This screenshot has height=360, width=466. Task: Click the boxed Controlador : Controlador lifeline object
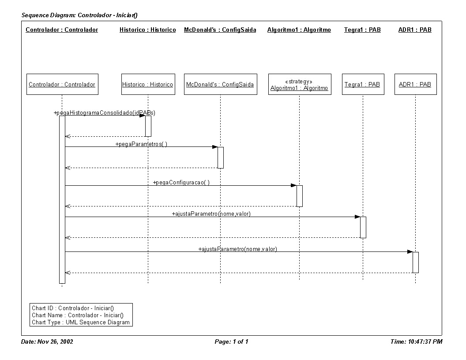[x=62, y=84]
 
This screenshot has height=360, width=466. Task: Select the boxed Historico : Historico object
[x=148, y=84]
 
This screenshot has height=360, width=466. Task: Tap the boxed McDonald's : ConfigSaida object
[x=221, y=84]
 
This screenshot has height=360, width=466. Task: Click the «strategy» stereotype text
[x=299, y=81]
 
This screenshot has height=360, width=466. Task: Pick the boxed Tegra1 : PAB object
[x=363, y=84]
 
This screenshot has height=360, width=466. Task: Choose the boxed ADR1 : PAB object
[x=416, y=84]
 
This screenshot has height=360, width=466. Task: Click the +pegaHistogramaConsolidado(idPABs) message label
[x=104, y=112]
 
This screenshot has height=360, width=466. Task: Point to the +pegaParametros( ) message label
[x=142, y=144]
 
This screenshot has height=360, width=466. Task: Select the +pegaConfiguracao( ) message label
[x=181, y=182]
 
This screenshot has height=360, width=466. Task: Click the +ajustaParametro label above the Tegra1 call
[x=211, y=214]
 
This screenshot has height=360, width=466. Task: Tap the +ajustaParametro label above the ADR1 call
[x=238, y=249]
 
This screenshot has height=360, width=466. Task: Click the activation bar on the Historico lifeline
[x=148, y=126]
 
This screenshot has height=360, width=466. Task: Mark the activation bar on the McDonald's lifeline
[x=221, y=157]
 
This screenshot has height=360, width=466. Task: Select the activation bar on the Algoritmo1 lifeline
[x=300, y=196]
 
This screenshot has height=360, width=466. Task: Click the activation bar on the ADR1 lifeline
[x=416, y=262]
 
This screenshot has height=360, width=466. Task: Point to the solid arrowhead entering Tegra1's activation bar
[x=357, y=217]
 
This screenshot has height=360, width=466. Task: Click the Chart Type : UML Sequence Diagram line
[x=81, y=322]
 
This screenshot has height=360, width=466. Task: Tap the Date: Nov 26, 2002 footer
[x=47, y=341]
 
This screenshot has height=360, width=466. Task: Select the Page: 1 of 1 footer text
[x=232, y=341]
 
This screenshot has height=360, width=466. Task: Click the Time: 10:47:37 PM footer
[x=417, y=341]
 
